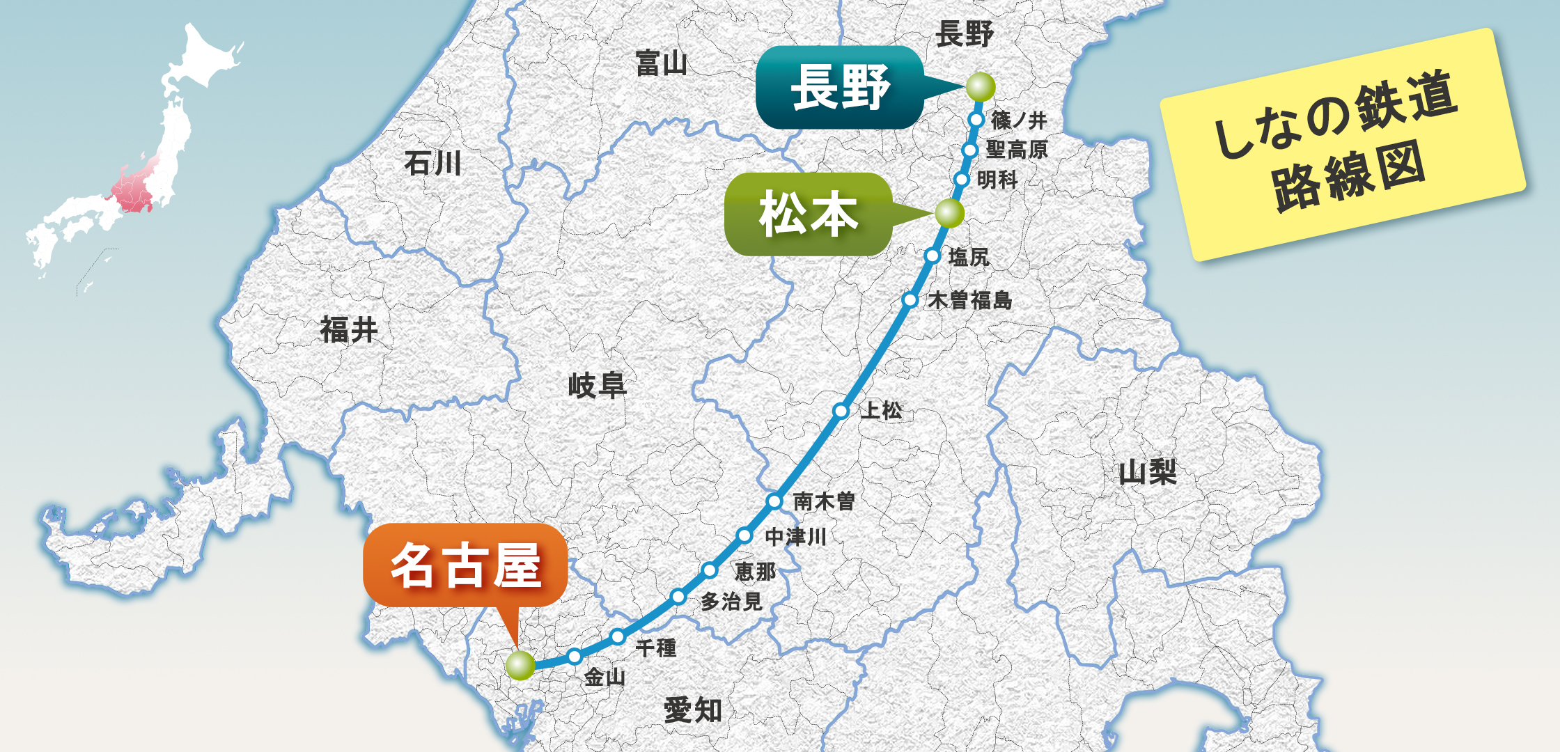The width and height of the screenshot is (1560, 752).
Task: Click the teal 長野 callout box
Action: pos(840,88)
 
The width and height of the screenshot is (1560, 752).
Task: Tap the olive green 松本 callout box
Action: pos(808,214)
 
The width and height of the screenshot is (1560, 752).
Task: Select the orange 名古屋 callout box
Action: pos(465,565)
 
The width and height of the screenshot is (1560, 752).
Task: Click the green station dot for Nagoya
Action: pos(520,665)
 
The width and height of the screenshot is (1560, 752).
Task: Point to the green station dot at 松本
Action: pos(949,213)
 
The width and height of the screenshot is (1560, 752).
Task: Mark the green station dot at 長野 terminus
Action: pos(980,87)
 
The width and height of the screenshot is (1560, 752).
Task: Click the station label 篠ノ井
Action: pos(1019,120)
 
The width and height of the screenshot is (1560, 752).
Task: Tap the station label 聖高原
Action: pos(1017,150)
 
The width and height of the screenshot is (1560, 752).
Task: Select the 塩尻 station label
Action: pos(969,257)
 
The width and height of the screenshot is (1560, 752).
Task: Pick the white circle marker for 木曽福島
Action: pos(910,300)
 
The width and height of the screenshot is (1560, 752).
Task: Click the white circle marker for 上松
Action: pos(841,411)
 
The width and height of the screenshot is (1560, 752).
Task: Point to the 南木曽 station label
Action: pos(824,501)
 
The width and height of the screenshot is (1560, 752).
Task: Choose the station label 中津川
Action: pos(795,537)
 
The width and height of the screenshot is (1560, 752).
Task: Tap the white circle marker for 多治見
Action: pos(678,596)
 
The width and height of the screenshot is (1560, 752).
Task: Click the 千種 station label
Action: pos(655,648)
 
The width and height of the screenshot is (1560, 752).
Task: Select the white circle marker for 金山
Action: pos(575,656)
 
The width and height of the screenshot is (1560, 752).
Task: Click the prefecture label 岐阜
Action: pos(597,385)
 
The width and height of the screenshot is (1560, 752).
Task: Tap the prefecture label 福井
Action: pos(348,330)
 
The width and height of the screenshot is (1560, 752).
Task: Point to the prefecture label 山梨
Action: pos(1148,473)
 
